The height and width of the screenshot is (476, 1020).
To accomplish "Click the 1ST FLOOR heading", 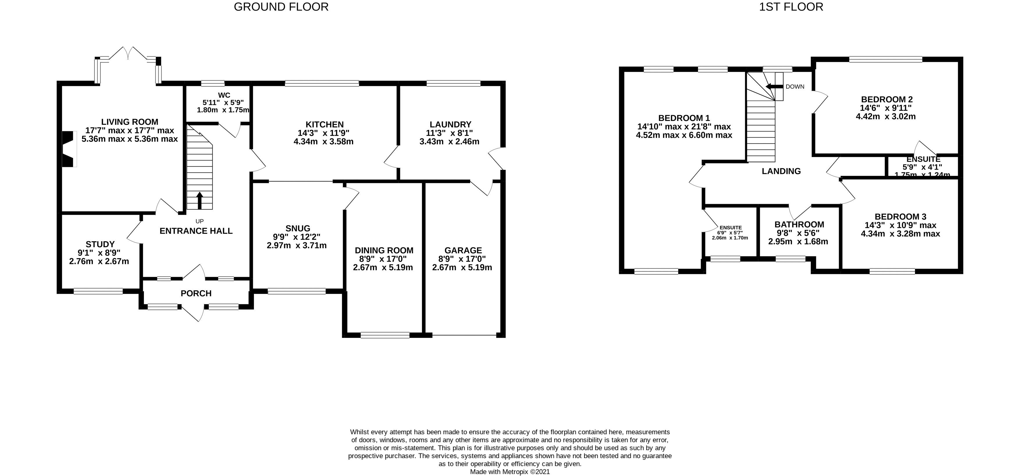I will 791,7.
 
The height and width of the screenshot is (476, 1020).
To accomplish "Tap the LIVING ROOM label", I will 129,122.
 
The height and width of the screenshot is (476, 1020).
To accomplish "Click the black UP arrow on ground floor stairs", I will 199,200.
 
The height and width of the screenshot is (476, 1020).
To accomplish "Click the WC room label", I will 224,95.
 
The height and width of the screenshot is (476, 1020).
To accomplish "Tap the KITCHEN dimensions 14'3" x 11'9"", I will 323,133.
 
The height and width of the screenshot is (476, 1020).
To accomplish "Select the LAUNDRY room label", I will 450,125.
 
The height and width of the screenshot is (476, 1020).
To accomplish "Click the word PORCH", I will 196,293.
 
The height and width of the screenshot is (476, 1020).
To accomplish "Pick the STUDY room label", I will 100,244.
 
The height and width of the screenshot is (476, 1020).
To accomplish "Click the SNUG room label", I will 298,229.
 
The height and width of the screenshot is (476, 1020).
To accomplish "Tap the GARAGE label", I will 463,250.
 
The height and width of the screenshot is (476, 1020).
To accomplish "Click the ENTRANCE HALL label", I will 196,231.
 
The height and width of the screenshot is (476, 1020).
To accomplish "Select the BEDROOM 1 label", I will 684,118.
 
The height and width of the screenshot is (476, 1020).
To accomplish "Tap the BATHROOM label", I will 799,224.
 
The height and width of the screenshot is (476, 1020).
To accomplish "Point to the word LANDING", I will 781,171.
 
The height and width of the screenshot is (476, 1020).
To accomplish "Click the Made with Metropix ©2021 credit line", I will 510,472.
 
